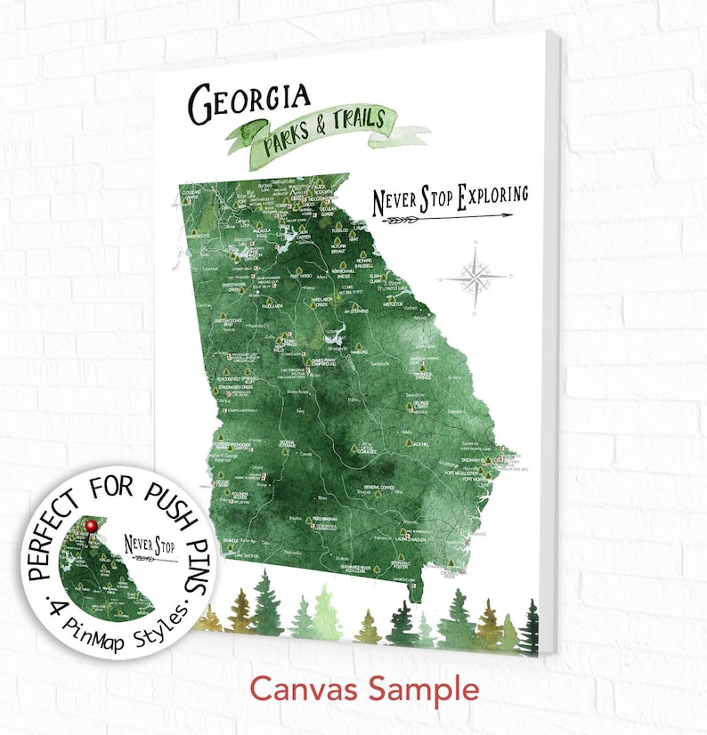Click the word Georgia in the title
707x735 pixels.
(x=248, y=101)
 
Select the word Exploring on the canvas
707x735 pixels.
(x=491, y=195)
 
